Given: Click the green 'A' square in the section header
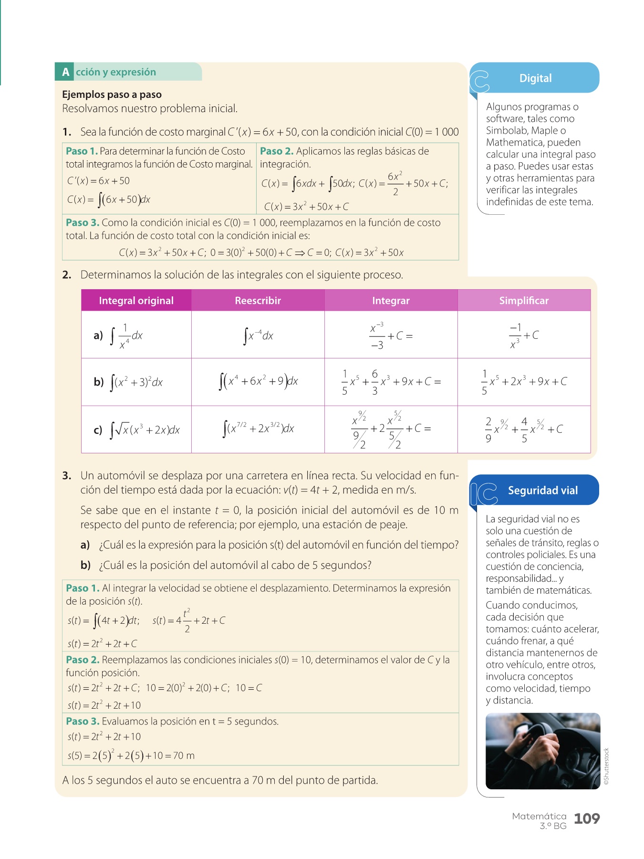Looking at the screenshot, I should click(x=65, y=72).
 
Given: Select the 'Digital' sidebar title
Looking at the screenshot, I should click(x=535, y=78).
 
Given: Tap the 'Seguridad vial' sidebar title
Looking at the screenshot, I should click(x=542, y=491).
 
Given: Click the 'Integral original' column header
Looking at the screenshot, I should click(x=136, y=301).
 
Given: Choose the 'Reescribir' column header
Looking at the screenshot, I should click(x=258, y=301).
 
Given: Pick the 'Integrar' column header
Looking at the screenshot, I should click(x=391, y=301).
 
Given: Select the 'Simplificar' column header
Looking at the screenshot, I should click(x=524, y=301).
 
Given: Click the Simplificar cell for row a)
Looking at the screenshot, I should click(x=524, y=335).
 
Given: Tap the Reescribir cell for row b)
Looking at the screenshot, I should click(x=258, y=382).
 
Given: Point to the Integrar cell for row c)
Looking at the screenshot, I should click(x=391, y=429).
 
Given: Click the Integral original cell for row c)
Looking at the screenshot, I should click(x=136, y=429).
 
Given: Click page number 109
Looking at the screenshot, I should click(x=586, y=819).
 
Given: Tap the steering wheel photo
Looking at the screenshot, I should click(x=542, y=751).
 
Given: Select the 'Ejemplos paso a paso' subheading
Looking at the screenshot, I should click(x=112, y=94).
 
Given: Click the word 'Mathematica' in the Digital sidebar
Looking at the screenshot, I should click(x=513, y=143).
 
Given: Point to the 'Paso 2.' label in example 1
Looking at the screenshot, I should click(x=276, y=151).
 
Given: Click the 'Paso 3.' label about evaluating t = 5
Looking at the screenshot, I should click(x=83, y=721).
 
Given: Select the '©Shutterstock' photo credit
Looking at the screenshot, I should click(x=606, y=766).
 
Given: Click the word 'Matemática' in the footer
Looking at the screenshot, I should click(x=539, y=817).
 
